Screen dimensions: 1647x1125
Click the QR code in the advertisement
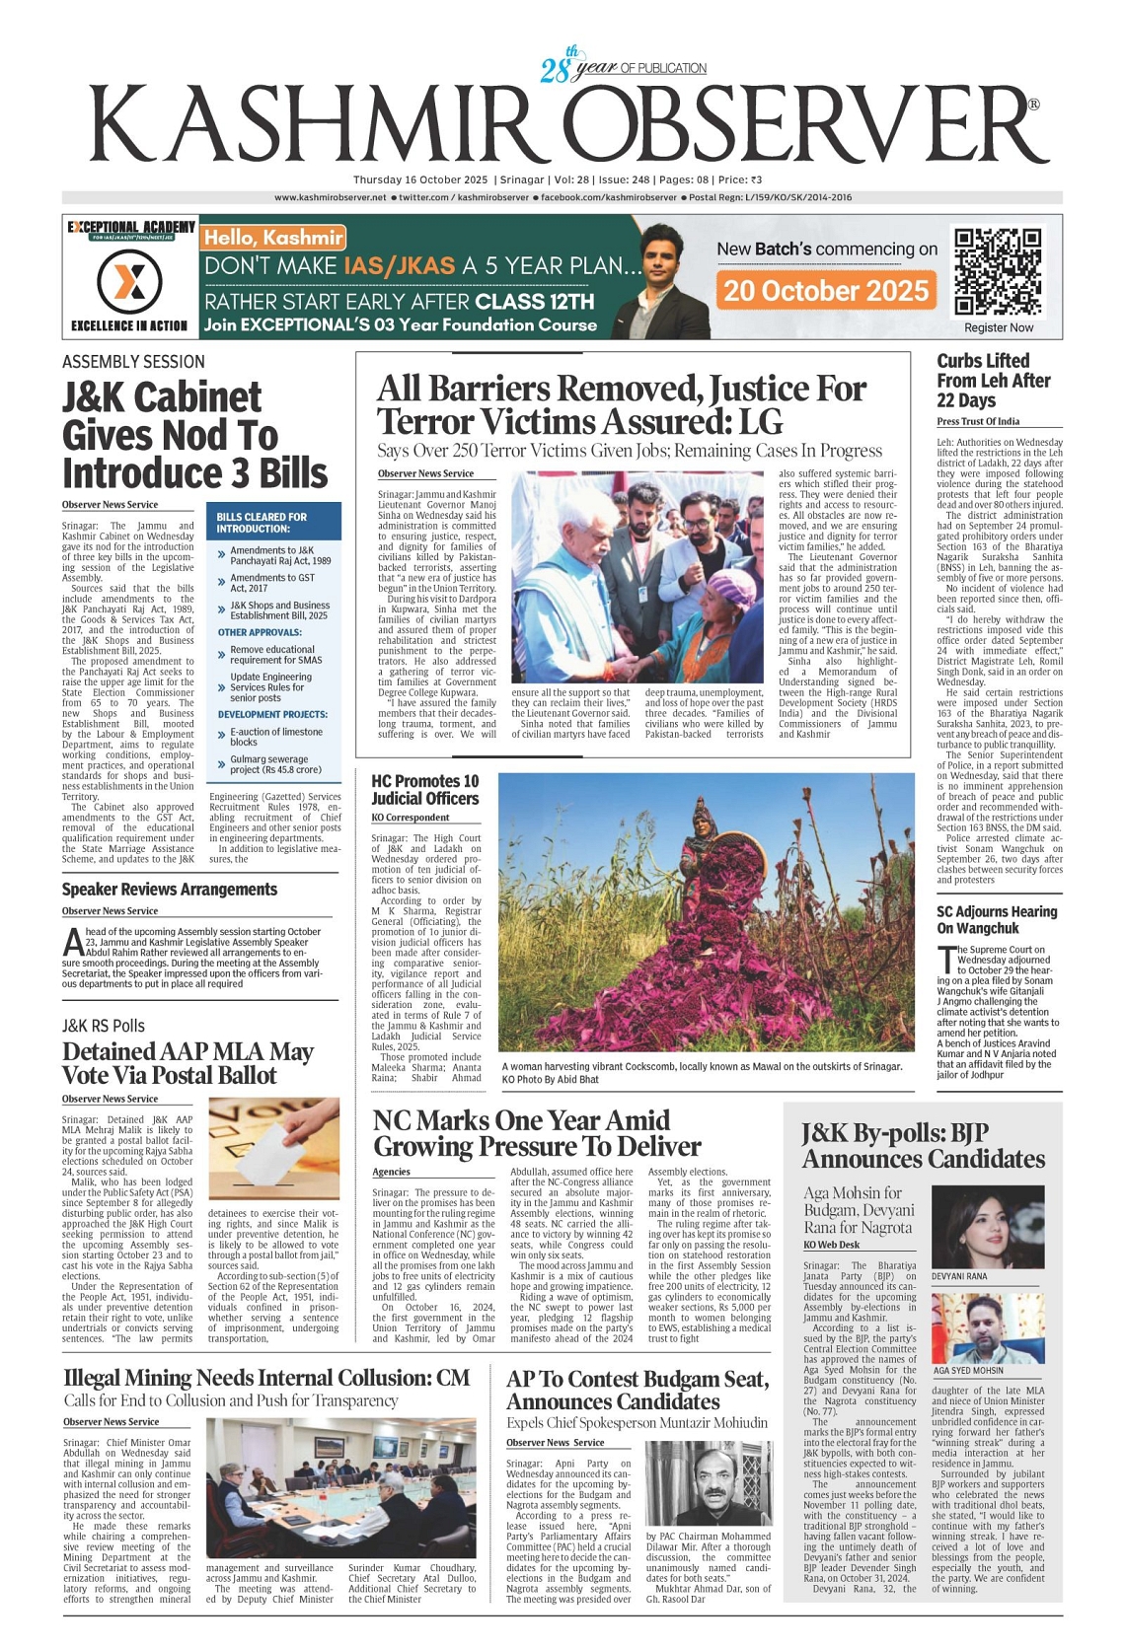pyautogui.click(x=998, y=270)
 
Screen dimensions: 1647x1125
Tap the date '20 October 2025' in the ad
pyautogui.click(x=826, y=290)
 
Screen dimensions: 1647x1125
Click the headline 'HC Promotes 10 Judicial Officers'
pyautogui.click(x=425, y=790)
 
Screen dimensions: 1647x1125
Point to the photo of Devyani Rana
pyautogui.click(x=987, y=1227)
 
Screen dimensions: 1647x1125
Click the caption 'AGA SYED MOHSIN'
pyautogui.click(x=968, y=1371)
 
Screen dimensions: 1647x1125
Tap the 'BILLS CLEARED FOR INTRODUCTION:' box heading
pyautogui.click(x=262, y=523)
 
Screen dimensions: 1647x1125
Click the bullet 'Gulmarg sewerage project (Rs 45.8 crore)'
pyautogui.click(x=275, y=764)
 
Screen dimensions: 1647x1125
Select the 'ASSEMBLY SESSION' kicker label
pyautogui.click(x=133, y=362)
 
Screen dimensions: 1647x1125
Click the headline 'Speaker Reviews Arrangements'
pyautogui.click(x=170, y=890)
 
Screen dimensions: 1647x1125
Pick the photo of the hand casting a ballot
pyautogui.click(x=273, y=1142)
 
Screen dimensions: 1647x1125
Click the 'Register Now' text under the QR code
pyautogui.click(x=999, y=327)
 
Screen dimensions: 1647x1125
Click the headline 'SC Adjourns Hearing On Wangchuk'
pyautogui.click(x=996, y=920)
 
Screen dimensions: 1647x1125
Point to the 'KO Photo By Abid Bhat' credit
pyautogui.click(x=550, y=1080)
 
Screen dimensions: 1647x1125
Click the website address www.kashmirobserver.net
pyautogui.click(x=330, y=197)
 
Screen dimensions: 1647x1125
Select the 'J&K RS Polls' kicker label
pyautogui.click(x=104, y=1026)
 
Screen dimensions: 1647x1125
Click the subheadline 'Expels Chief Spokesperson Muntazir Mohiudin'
pyautogui.click(x=637, y=1423)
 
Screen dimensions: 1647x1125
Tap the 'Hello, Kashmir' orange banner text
pyautogui.click(x=273, y=238)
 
